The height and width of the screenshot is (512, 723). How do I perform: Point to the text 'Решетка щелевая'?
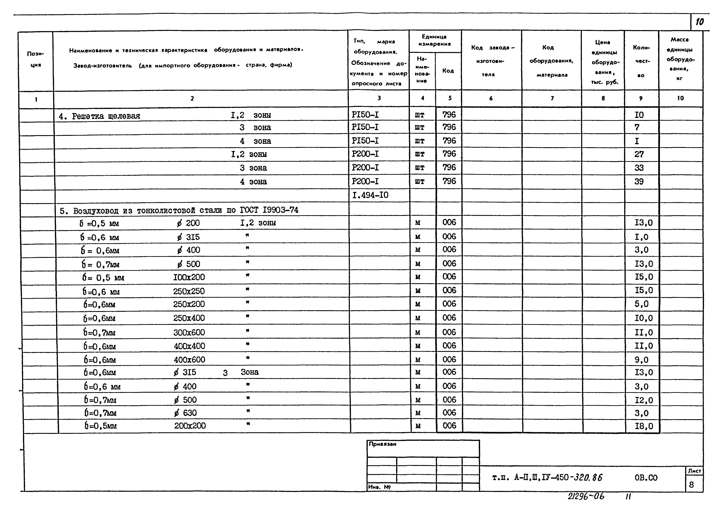pyautogui.click(x=106, y=116)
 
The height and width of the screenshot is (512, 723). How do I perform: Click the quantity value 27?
pyautogui.click(x=639, y=154)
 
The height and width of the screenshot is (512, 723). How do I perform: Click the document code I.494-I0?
pyautogui.click(x=370, y=195)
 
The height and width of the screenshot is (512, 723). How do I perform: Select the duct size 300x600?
pyautogui.click(x=189, y=332)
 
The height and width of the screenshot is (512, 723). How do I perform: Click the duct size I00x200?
pyautogui.click(x=189, y=277)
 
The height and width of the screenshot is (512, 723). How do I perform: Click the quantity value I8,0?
pyautogui.click(x=644, y=426)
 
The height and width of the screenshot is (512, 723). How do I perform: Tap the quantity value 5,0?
pyautogui.click(x=642, y=304)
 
